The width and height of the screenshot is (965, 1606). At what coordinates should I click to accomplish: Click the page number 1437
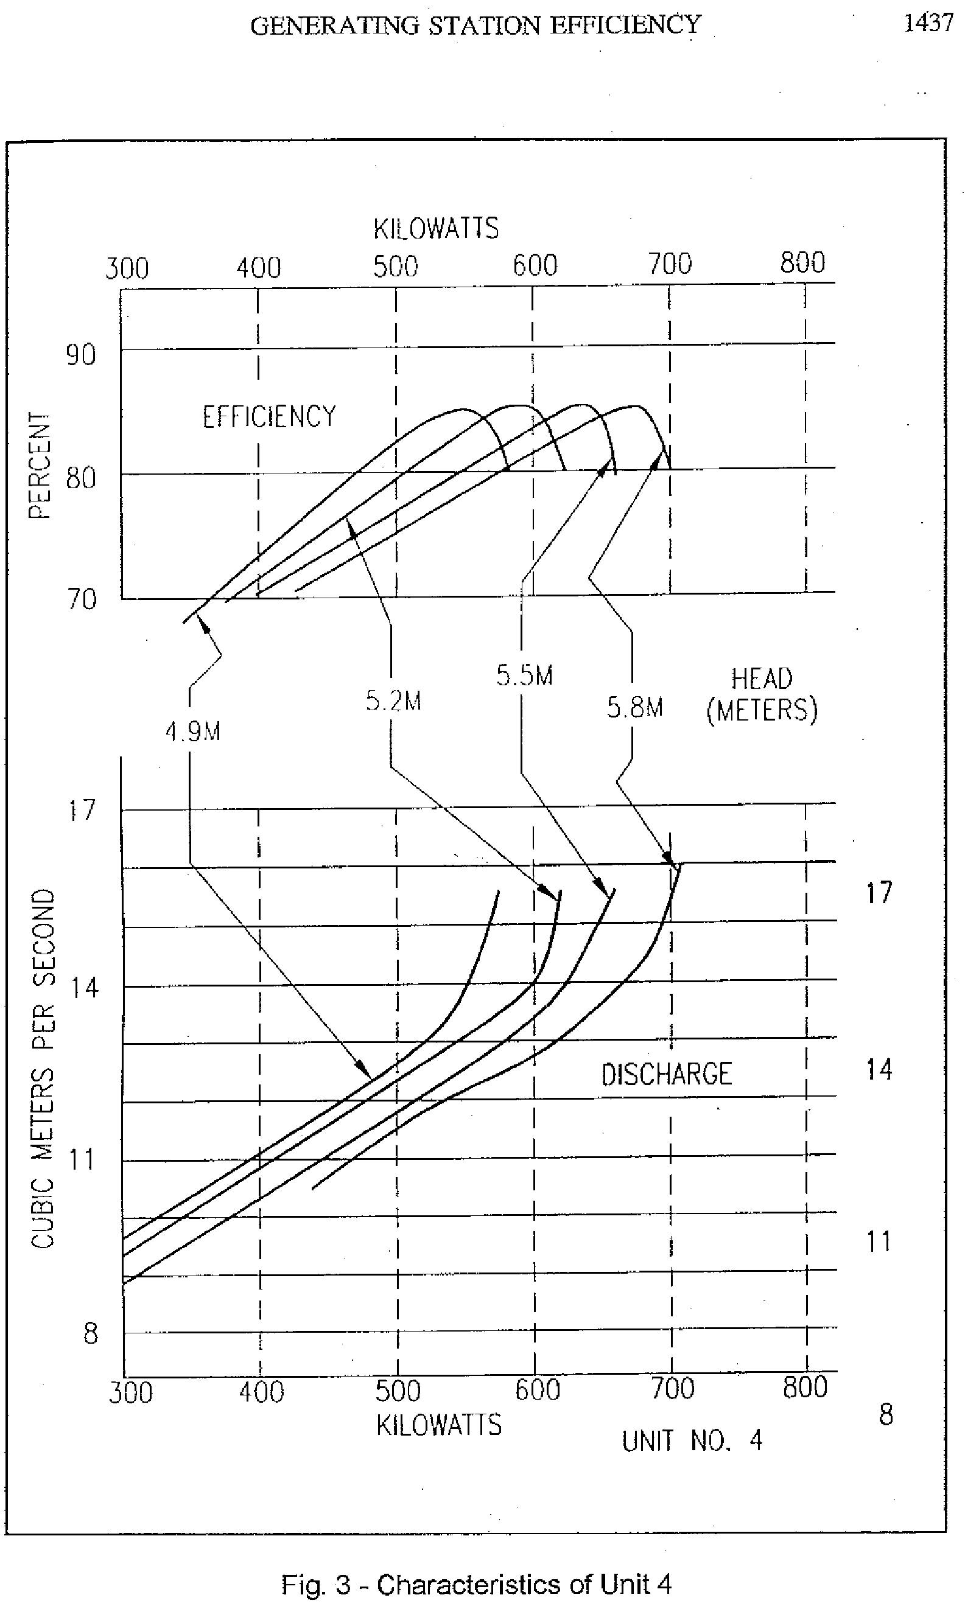[x=928, y=23]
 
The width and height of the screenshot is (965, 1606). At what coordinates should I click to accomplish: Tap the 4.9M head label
[x=192, y=733]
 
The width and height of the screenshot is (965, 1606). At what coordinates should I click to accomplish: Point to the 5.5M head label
[x=524, y=676]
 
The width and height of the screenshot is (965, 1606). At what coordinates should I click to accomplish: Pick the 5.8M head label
[x=634, y=707]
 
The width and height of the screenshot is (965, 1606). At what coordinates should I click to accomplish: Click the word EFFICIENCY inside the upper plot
[x=269, y=417]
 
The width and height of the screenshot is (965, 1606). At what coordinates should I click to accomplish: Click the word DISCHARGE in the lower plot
[x=666, y=1074]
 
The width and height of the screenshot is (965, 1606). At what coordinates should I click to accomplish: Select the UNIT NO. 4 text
[x=691, y=1441]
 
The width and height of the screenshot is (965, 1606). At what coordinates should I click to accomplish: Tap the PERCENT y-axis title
[x=40, y=466]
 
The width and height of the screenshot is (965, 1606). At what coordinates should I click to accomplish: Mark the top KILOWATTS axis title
[x=436, y=229]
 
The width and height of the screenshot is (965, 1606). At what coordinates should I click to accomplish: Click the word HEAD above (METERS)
[x=762, y=680]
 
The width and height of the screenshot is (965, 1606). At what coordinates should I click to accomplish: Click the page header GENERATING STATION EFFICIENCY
[x=475, y=26]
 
